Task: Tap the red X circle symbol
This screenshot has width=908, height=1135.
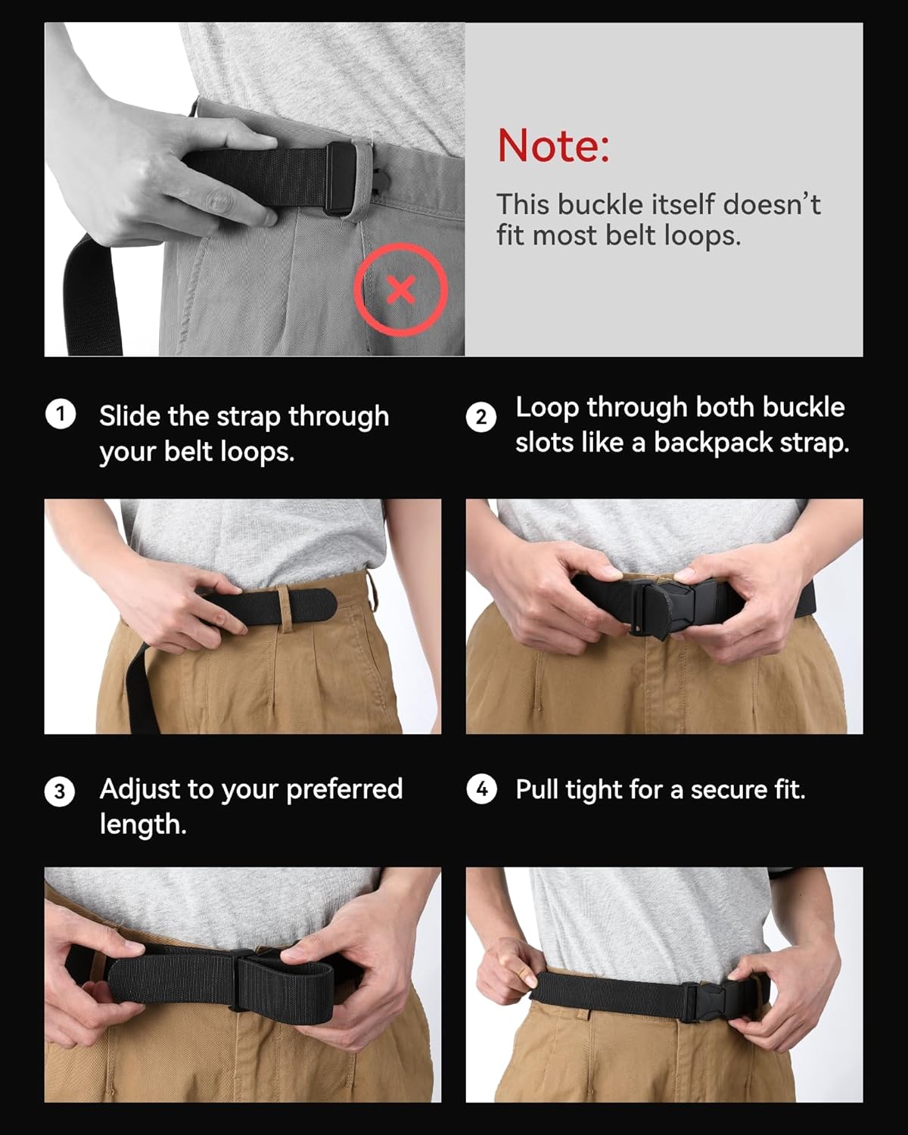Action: (401, 290)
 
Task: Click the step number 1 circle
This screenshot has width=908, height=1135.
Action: (61, 415)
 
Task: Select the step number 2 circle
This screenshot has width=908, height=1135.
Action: (481, 417)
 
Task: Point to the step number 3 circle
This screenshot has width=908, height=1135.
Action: (60, 791)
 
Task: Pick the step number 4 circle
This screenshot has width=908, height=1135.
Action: (481, 790)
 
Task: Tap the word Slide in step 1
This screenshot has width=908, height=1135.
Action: (129, 416)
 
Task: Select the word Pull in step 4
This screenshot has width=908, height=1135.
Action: (537, 790)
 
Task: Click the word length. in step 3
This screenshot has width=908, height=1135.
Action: (142, 824)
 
